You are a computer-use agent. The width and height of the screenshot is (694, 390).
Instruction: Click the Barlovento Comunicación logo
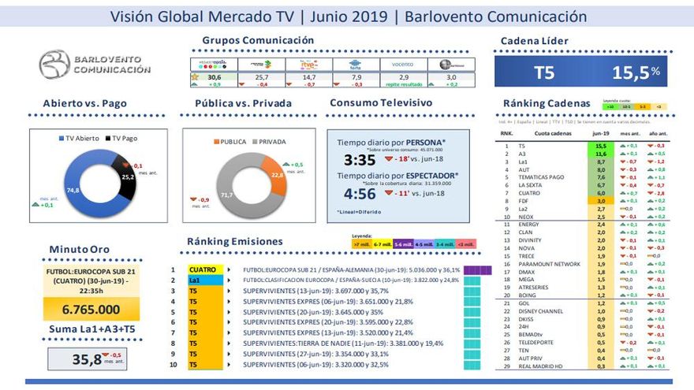tap(95, 64)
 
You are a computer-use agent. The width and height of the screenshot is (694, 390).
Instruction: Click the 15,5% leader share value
tap(635, 72)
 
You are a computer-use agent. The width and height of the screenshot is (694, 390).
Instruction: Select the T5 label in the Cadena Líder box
tap(544, 72)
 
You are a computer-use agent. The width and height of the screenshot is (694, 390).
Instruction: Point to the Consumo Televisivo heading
tap(381, 103)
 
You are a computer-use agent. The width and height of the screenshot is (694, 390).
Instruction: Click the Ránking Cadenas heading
tap(546, 103)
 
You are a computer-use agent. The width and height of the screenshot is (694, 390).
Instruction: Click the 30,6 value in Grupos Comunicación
tap(214, 77)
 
